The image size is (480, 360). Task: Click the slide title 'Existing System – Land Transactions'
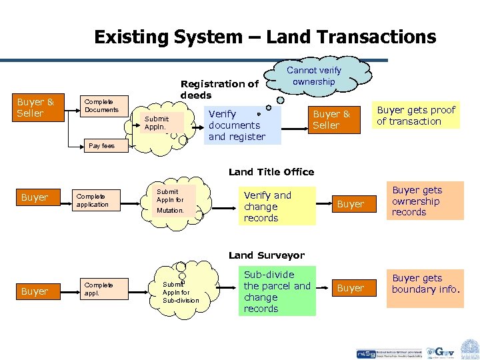pyautogui.click(x=265, y=37)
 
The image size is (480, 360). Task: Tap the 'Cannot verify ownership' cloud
pyautogui.click(x=313, y=76)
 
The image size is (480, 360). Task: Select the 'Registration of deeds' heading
pyautogui.click(x=219, y=89)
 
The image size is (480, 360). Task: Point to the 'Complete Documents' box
pyautogui.click(x=101, y=106)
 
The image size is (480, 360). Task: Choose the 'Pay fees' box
pyautogui.click(x=102, y=145)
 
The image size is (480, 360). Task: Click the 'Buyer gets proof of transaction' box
pyautogui.click(x=417, y=115)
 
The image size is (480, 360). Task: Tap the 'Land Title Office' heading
pyautogui.click(x=271, y=172)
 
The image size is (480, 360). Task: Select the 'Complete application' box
pyautogui.click(x=94, y=201)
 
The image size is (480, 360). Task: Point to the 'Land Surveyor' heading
pyautogui.click(x=266, y=255)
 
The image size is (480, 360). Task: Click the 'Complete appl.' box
pyautogui.click(x=98, y=289)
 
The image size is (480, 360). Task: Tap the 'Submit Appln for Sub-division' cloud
pyautogui.click(x=180, y=292)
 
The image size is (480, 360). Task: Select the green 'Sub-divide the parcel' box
pyautogui.click(x=277, y=291)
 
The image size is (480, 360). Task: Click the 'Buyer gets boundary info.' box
pyautogui.click(x=425, y=284)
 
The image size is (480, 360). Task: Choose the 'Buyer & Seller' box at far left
pyautogui.click(x=35, y=108)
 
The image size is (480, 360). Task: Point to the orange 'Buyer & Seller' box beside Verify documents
pyautogui.click(x=327, y=120)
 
